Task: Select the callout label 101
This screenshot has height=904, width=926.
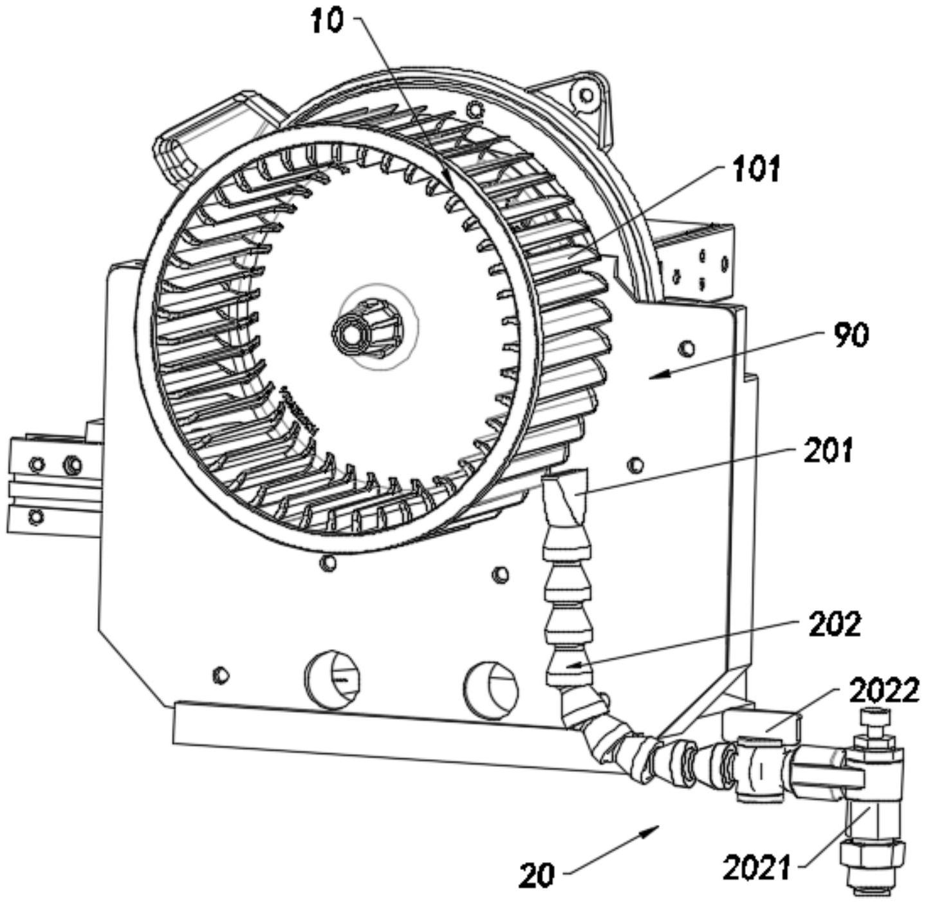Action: coord(757,169)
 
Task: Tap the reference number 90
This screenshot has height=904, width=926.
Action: coord(851,335)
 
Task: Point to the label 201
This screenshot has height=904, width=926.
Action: coord(828,451)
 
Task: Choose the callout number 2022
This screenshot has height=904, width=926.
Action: coord(884,692)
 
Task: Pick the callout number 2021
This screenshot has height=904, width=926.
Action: coord(757,867)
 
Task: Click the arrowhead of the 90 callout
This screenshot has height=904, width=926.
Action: coord(659,376)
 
